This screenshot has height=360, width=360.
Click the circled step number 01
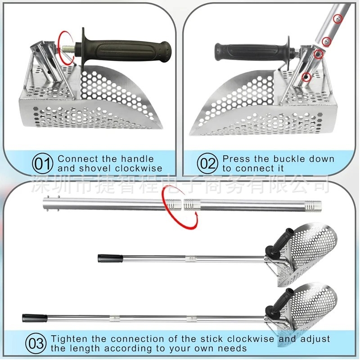[x=43, y=164]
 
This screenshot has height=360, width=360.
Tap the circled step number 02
[x=207, y=164]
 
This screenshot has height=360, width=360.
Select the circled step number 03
[x=36, y=344]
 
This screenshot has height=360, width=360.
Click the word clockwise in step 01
[x=139, y=168]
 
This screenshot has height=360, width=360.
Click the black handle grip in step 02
[x=254, y=49]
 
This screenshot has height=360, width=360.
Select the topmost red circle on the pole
[x=338, y=20]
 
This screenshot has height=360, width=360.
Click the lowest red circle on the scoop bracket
[x=306, y=77]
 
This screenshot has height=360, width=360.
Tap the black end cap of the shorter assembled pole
[x=110, y=258]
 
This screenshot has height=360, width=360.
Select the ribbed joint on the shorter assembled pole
[x=191, y=259]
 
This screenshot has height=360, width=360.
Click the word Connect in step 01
[x=77, y=159]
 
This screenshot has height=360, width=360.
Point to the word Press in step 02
[x=236, y=159]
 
